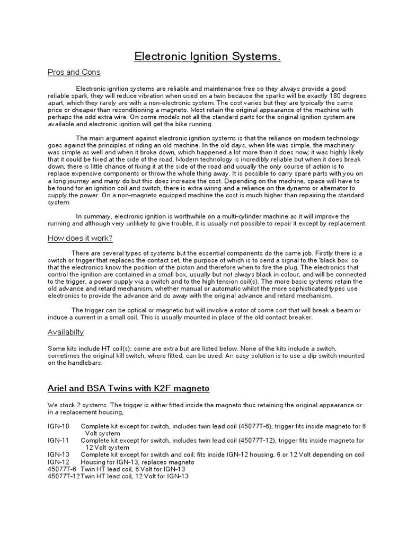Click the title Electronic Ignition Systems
point(207,56)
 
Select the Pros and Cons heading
point(74,72)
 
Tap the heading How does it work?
point(80,238)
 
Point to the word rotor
point(236,310)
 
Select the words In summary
point(94,216)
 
